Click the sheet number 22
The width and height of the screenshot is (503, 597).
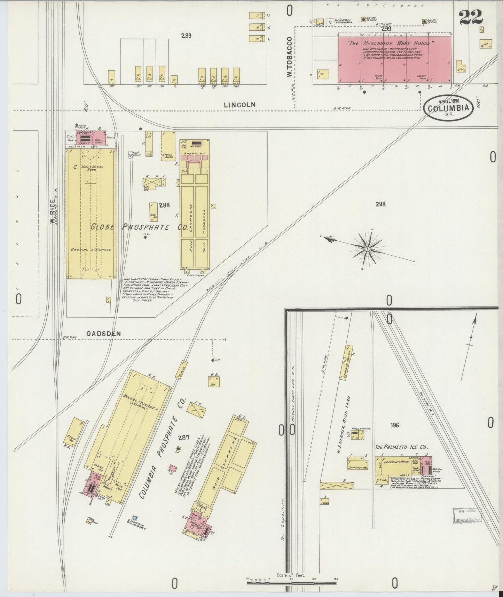coord(471,17)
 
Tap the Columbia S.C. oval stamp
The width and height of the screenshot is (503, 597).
coord(448,108)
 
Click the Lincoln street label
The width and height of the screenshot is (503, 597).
coord(239,104)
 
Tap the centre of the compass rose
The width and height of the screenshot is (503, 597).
coord(367,249)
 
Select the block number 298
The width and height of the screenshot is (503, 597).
coord(380,204)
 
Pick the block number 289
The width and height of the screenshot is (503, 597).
coord(187,35)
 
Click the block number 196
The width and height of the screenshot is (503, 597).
coord(394,425)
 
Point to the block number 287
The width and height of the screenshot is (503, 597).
coord(183,438)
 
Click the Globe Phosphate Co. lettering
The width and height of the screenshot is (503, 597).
coord(139,227)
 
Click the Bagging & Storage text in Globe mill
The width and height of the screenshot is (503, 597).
coord(91,250)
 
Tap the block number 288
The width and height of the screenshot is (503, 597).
coord(164,205)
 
